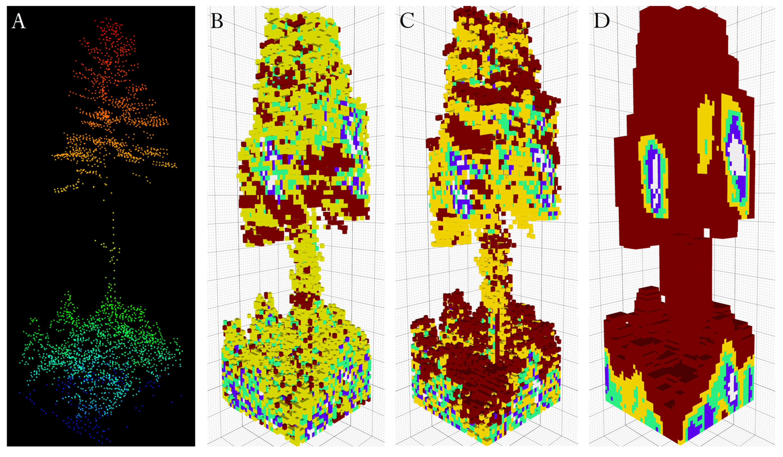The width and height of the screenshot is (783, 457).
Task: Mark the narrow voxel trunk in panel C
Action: point(494,267)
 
